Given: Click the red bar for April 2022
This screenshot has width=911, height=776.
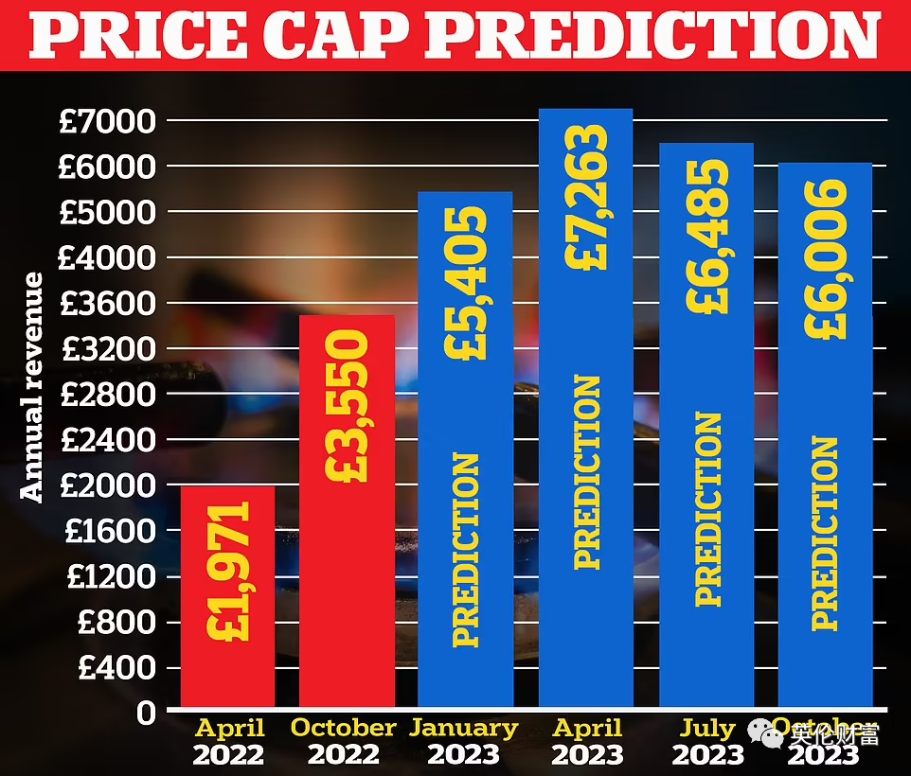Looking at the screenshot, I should click(228, 596).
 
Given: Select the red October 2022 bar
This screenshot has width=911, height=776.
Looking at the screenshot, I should click(348, 511).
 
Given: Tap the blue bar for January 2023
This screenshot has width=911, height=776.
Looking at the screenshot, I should click(465, 450).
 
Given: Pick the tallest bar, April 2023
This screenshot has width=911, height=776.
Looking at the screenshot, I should click(585, 407).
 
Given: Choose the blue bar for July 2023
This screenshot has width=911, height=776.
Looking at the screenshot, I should click(706, 426).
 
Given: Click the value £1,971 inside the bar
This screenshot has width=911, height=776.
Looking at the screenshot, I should click(228, 571).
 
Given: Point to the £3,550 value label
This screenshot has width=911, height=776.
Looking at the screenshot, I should click(347, 405).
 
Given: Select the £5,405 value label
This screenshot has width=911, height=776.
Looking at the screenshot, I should click(465, 283).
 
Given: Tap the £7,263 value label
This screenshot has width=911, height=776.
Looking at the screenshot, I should click(587, 197).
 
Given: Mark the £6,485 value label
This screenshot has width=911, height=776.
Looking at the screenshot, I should click(707, 236).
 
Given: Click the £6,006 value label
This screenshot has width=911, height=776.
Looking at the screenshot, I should click(825, 257).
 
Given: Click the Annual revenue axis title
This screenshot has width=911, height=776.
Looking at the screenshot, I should click(32, 386).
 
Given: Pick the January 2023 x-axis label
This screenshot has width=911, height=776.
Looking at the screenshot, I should click(464, 742).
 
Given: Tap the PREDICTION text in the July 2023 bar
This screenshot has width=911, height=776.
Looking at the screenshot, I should click(707, 508).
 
